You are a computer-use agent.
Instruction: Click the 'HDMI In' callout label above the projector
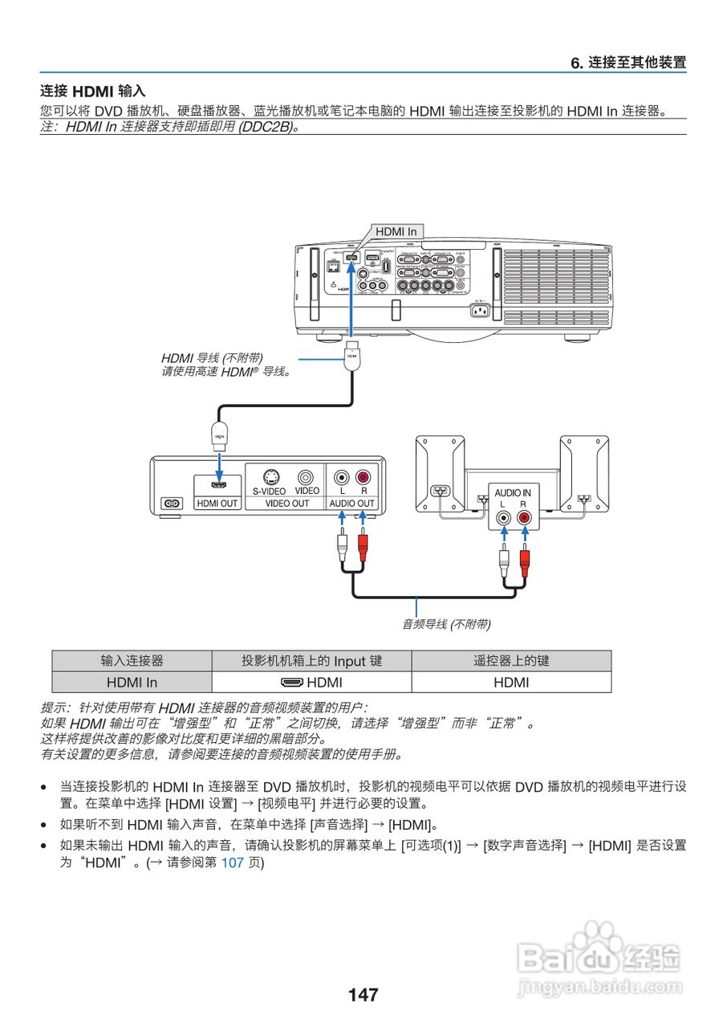point(396,231)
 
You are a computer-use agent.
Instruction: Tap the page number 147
point(363,995)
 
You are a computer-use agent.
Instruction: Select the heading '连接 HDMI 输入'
point(93,92)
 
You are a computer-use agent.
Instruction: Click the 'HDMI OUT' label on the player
point(217,504)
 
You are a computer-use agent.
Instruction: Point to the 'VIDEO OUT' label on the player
point(287,504)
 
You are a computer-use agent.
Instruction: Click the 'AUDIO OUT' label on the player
point(352,504)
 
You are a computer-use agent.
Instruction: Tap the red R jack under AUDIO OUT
point(363,477)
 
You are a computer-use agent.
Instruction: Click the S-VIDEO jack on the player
point(270,477)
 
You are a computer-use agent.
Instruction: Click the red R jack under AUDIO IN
point(524,518)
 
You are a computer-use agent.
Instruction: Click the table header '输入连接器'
point(132,661)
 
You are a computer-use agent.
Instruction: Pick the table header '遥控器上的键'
point(511,661)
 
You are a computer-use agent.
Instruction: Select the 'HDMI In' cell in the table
point(132,683)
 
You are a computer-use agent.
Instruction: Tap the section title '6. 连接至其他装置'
point(628,62)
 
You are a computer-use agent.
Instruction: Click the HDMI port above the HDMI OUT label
point(218,483)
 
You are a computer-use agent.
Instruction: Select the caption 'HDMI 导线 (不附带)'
point(212,357)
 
